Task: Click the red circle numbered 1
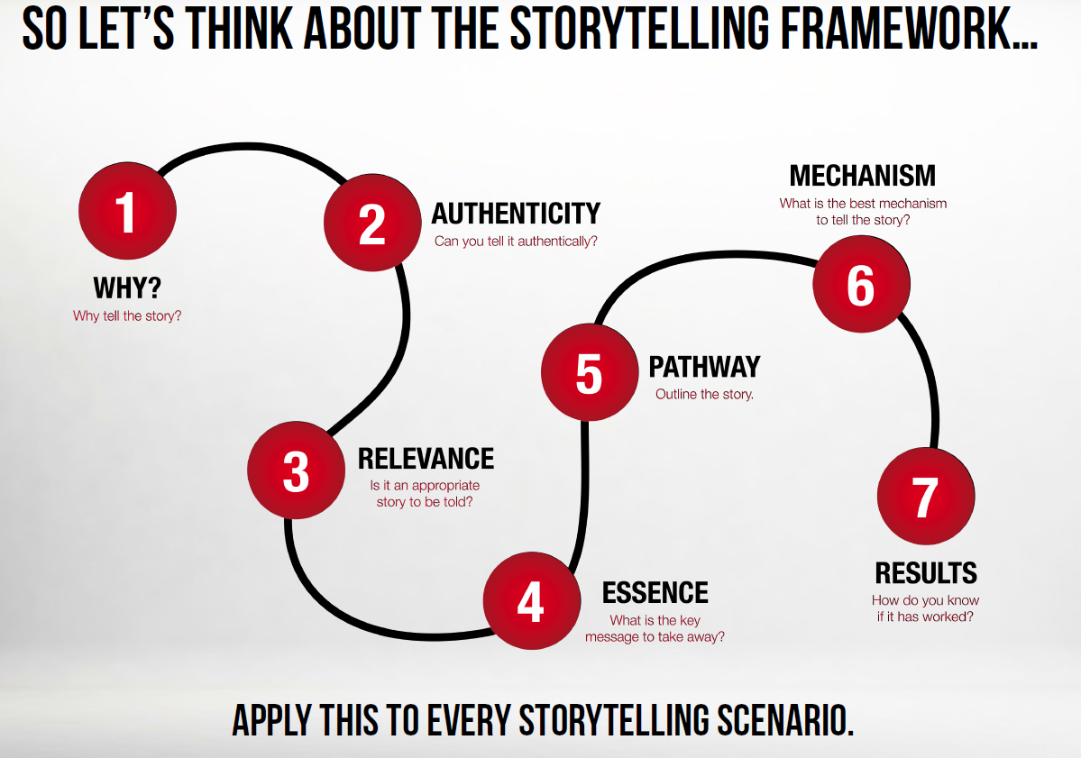(x=127, y=211)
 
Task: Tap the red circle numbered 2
(x=372, y=223)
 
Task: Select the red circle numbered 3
(x=297, y=470)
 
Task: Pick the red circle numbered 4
(x=532, y=600)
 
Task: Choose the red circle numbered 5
(x=590, y=372)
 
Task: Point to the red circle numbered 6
(x=861, y=284)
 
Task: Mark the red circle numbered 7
(x=926, y=496)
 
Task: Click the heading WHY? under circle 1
(x=127, y=288)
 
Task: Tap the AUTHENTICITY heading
(x=516, y=214)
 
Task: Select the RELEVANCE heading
(x=426, y=459)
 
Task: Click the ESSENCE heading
(x=655, y=593)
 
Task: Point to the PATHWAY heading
(x=704, y=367)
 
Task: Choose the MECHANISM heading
(x=863, y=176)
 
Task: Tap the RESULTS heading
(x=926, y=573)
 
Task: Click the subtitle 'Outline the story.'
(x=704, y=394)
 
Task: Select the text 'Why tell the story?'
(x=127, y=315)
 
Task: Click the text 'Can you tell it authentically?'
(x=516, y=242)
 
